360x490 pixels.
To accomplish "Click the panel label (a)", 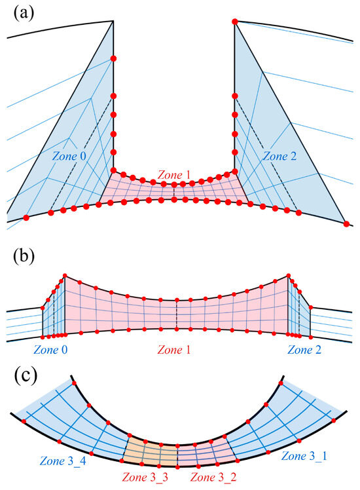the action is pos(24,13).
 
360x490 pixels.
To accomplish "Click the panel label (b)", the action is pos(24,257).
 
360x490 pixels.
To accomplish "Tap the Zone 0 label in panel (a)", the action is pos(69,156).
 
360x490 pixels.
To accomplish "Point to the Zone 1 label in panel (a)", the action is pos(174,174).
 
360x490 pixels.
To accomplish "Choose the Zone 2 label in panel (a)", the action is pos(279,156).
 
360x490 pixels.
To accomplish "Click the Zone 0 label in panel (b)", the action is pos(50,349).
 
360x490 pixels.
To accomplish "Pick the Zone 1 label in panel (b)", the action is pos(174,349).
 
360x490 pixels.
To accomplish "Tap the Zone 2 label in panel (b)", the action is pos(304,349).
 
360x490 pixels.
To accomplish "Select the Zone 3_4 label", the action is pos(63,461).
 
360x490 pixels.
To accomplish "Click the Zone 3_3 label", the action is pos(145,477).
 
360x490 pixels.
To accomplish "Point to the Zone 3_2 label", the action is pos(213,477).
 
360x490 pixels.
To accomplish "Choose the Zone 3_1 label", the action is pos(304,456).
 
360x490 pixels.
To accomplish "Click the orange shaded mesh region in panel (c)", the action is pos(151,451).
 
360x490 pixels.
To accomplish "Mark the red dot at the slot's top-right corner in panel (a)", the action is pos(235,22).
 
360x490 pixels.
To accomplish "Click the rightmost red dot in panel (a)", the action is pos(346,224).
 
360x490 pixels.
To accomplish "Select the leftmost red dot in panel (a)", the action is pos(26,217).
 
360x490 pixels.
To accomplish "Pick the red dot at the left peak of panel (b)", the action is pos(65,275).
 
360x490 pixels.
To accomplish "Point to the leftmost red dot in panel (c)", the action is pos(24,421).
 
